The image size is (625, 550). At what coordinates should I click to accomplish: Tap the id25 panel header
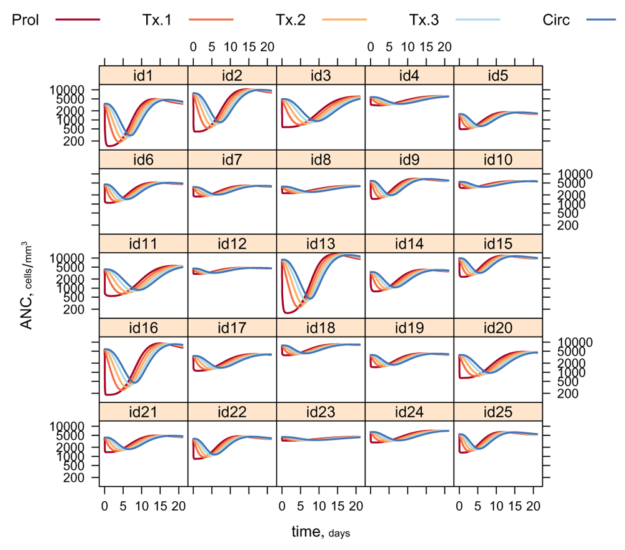click(498, 412)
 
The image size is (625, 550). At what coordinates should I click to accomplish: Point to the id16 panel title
click(143, 328)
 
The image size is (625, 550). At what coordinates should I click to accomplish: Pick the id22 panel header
click(232, 412)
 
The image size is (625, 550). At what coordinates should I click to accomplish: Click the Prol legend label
click(26, 20)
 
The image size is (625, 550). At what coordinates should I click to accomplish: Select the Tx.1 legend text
click(157, 20)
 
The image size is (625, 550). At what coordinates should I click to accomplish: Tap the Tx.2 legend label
click(291, 20)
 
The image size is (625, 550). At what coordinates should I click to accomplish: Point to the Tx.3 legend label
click(424, 20)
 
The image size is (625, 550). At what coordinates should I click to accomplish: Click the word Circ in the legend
click(557, 20)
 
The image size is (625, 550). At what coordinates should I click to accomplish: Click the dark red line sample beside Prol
click(77, 20)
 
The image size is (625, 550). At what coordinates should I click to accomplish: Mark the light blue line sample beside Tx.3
click(478, 20)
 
